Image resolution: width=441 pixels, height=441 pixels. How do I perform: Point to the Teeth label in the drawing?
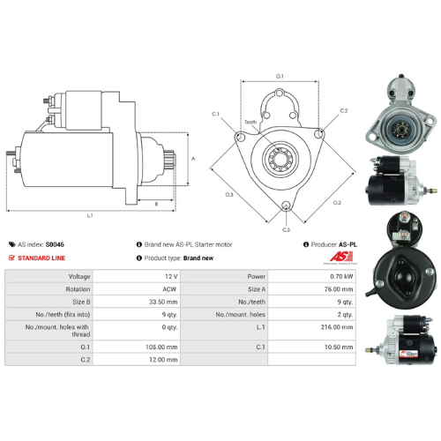coord(250,123)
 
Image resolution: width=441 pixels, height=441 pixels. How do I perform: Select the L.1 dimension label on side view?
coord(91,215)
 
